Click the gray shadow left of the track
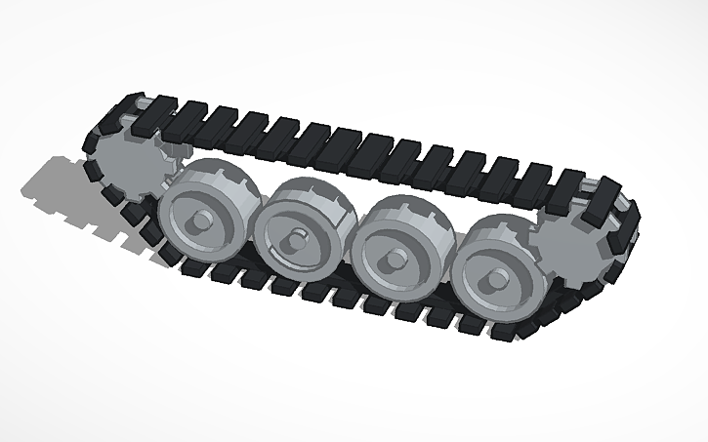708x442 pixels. (59, 185)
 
